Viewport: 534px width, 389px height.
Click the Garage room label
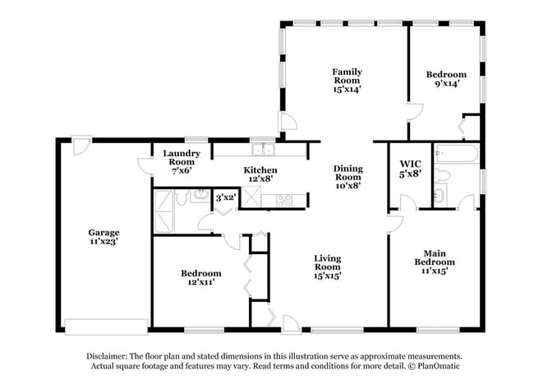pyautogui.click(x=104, y=233)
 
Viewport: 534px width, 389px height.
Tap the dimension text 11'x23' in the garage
pyautogui.click(x=104, y=243)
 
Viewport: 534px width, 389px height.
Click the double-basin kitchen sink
pyautogui.click(x=264, y=150)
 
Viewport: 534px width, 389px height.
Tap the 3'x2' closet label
pyautogui.click(x=226, y=197)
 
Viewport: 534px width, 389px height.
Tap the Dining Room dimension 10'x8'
pyautogui.click(x=348, y=186)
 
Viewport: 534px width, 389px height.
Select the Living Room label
pyautogui.click(x=327, y=262)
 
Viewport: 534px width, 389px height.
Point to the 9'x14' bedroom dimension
pyautogui.click(x=446, y=84)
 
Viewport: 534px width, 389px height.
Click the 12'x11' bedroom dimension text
pyautogui.click(x=200, y=283)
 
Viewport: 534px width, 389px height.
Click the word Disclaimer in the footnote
pyautogui.click(x=110, y=356)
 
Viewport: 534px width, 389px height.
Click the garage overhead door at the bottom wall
pyautogui.click(x=107, y=326)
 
